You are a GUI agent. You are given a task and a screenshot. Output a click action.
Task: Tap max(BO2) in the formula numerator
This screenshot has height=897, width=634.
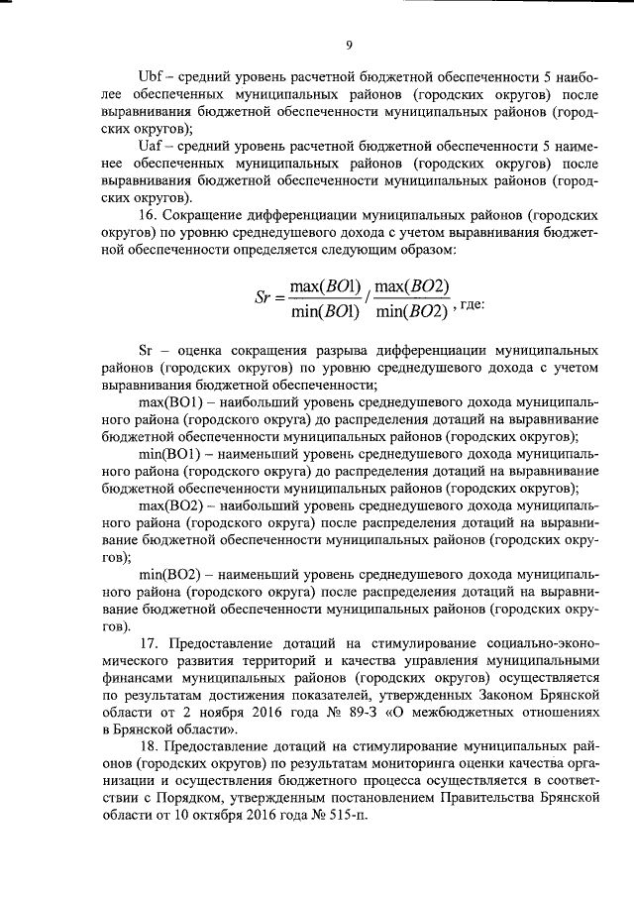tap(413, 287)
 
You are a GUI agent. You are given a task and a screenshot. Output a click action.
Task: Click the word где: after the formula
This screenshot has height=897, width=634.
tap(472, 305)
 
